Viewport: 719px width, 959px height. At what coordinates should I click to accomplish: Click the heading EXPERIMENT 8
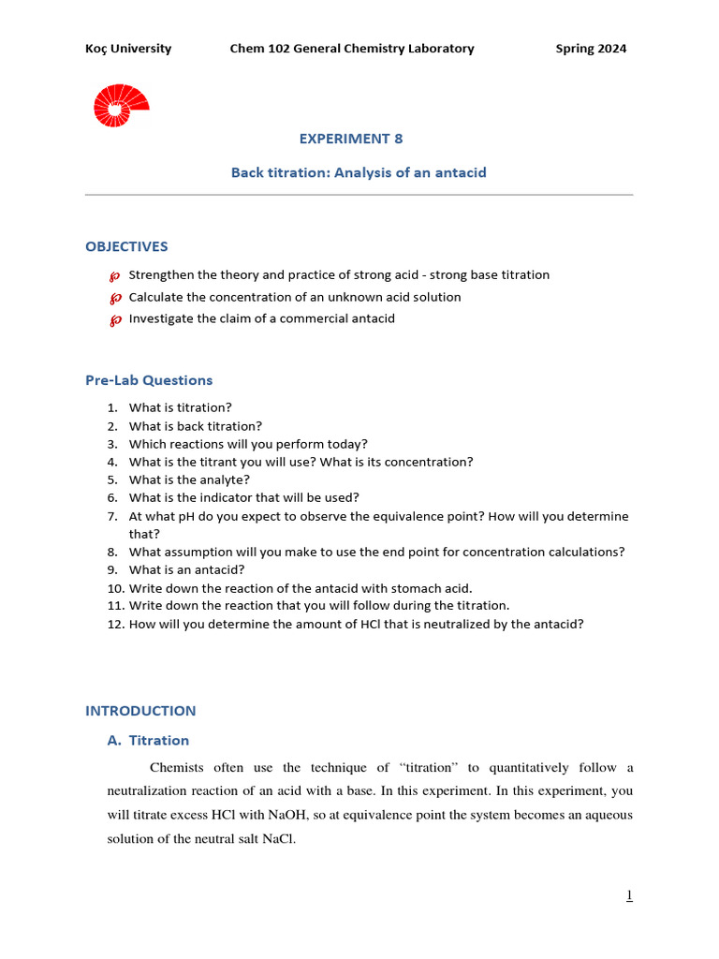pos(351,139)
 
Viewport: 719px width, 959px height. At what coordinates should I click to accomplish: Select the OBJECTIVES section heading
pos(126,246)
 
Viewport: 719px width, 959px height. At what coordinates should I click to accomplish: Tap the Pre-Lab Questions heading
pos(149,380)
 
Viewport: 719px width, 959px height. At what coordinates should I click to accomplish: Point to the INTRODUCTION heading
pos(140,711)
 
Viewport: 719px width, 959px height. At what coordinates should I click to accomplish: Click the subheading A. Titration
pos(148,740)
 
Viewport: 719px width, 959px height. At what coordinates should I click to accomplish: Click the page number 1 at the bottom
pos(629,896)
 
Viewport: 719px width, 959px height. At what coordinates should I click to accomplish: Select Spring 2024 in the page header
pos(591,49)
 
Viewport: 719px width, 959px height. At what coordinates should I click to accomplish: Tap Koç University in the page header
pos(128,49)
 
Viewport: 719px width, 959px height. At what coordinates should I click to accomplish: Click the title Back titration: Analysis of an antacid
pos(359,172)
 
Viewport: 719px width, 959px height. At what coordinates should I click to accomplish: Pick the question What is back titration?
pos(195,426)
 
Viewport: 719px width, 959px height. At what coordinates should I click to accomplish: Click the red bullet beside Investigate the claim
pos(115,320)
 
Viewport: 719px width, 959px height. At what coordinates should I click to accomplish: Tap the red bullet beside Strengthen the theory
pos(115,276)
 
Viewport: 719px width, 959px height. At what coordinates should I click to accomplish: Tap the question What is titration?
pos(180,407)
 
